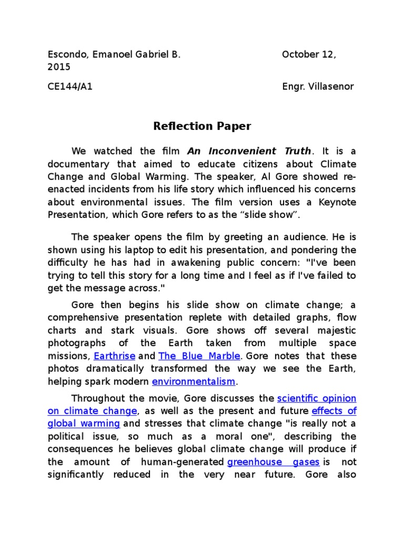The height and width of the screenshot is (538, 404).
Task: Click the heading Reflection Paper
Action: point(202,126)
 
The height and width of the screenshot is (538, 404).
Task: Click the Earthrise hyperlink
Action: point(115,356)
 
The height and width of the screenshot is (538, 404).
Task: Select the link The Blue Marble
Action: point(199,356)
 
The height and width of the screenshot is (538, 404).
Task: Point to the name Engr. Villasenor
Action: point(318,87)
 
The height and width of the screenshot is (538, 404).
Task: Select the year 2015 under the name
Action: point(59,67)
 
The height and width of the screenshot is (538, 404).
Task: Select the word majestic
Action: point(334,331)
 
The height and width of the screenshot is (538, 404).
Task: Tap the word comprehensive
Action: point(80,318)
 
